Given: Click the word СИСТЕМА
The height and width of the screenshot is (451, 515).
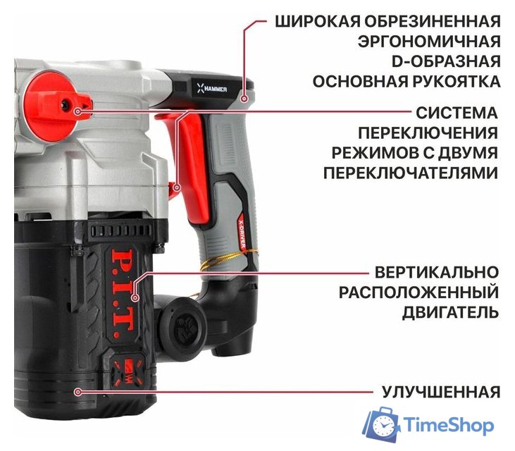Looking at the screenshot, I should coord(457,113).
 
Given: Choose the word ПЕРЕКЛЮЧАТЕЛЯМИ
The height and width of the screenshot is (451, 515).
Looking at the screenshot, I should coord(411,173).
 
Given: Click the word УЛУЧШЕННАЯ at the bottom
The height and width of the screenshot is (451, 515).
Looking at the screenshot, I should coord(441,392).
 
